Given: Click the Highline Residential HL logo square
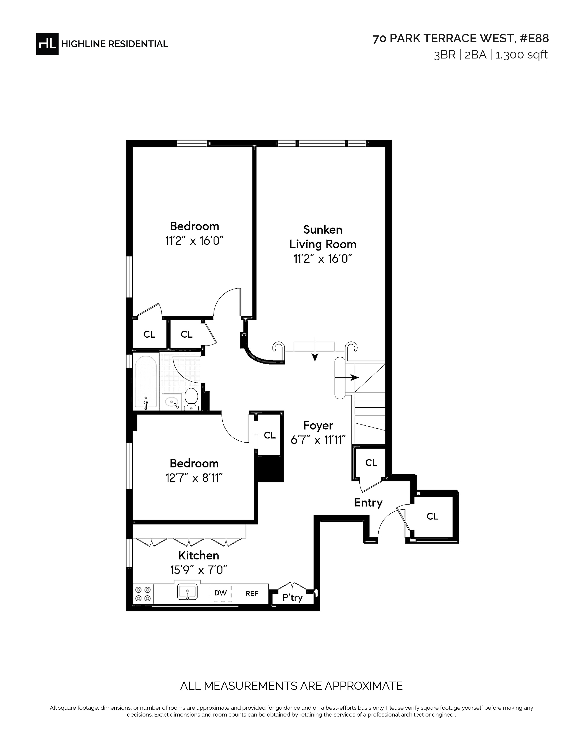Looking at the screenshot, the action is click(47, 44).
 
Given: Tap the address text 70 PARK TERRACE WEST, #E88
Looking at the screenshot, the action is click(460, 39).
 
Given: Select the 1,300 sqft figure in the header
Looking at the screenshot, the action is click(521, 55).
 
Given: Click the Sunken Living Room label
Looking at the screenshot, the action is click(323, 237).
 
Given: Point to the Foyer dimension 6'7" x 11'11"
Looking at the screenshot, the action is click(318, 440).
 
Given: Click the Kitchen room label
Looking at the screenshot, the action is click(199, 555).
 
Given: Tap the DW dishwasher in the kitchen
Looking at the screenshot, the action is click(221, 593).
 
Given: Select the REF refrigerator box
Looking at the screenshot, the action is click(252, 593).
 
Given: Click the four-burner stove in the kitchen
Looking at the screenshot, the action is click(143, 594).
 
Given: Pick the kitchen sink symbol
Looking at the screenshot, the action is click(187, 592).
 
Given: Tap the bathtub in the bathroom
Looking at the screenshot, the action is click(146, 382).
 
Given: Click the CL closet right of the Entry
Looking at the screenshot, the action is click(432, 516).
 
